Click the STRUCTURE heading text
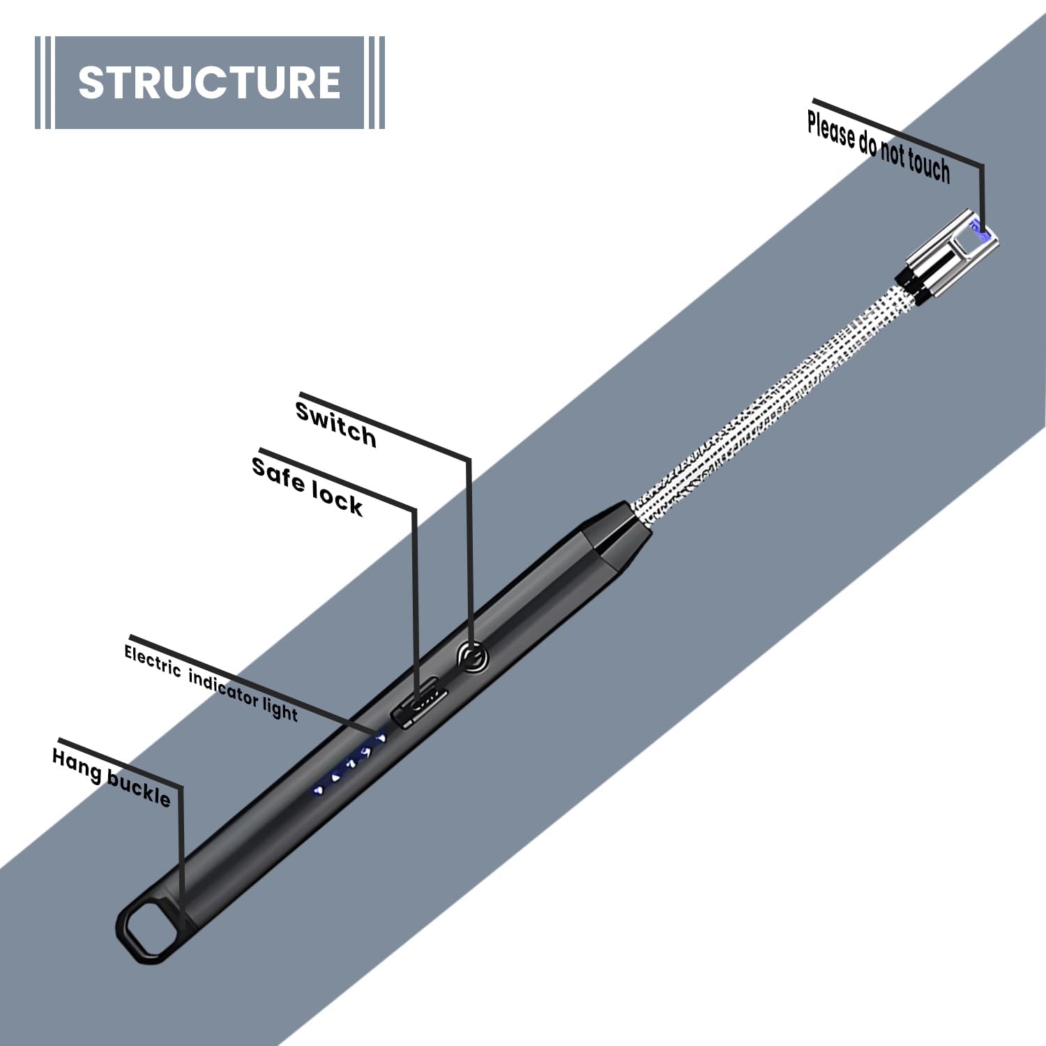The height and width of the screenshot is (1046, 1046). point(209,82)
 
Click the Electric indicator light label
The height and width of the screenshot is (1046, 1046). point(211,683)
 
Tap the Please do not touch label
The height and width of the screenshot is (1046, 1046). point(879,147)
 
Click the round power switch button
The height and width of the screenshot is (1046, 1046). point(472,657)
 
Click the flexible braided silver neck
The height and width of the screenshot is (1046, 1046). point(767,404)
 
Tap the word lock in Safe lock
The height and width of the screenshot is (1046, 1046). point(337,497)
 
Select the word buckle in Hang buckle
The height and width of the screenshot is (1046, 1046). point(139,789)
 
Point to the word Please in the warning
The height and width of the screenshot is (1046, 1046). point(831,130)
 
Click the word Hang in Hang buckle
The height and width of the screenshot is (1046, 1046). point(77,764)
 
